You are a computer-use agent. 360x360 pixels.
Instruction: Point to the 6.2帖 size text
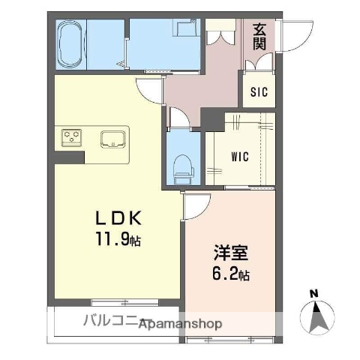tap(230, 274)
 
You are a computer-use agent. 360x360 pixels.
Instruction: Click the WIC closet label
tap(239, 157)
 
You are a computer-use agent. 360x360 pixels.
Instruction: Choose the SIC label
tap(259, 93)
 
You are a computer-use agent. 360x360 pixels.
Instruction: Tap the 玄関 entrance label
tap(260, 37)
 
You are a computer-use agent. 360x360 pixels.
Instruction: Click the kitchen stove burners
tap(72, 136)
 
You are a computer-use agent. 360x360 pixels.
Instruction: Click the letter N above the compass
tap(314, 292)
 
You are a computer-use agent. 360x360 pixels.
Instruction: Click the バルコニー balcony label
tap(112, 323)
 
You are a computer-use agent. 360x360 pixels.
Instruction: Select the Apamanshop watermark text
tap(180, 324)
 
